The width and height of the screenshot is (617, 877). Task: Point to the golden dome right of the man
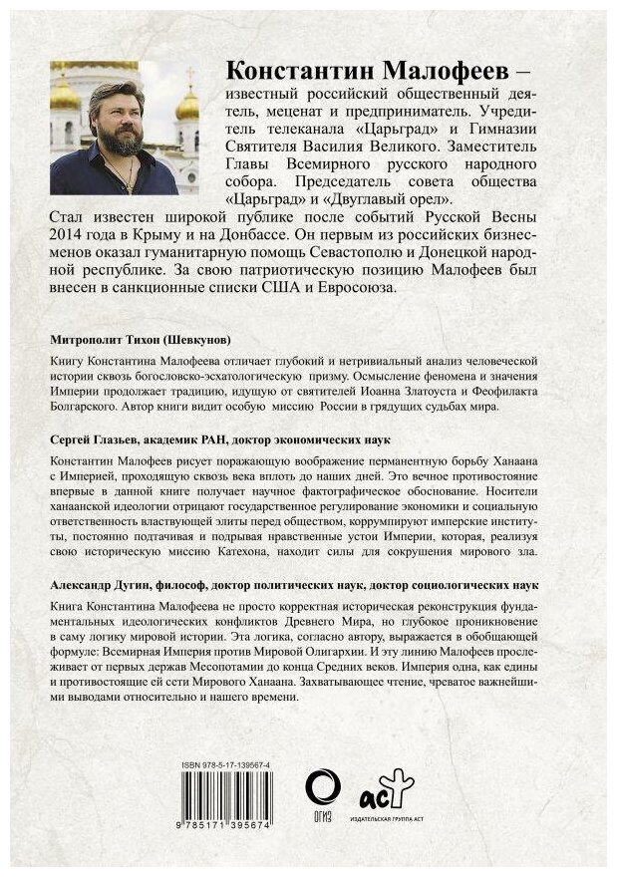point(188,103)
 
